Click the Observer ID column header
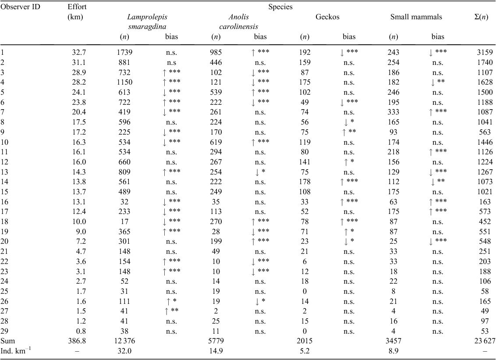[20, 7]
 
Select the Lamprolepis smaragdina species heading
[147, 22]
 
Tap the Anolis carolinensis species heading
[238, 22]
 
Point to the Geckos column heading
[327, 17]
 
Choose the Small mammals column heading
[416, 17]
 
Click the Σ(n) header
[481, 17]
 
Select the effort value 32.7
[79, 52]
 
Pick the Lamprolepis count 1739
[124, 52]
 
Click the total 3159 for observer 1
[485, 52]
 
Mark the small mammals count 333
[393, 112]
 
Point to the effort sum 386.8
[77, 341]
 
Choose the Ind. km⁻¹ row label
[16, 351]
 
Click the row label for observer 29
[4, 331]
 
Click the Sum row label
[7, 341]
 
